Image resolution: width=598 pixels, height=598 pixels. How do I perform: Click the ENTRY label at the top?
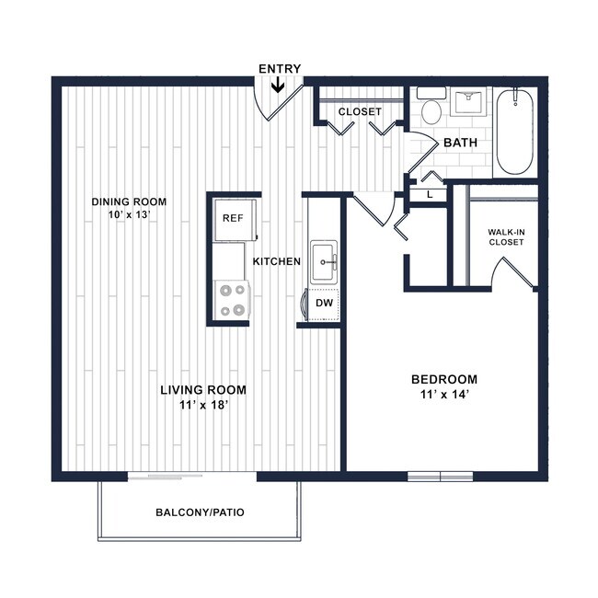tap(279, 69)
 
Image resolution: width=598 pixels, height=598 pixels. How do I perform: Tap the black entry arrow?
tap(277, 86)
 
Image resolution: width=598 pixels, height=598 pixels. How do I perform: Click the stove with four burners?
tap(231, 299)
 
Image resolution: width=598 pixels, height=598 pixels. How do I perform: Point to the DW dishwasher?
tap(324, 303)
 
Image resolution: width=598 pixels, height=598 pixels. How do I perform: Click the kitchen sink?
tap(324, 260)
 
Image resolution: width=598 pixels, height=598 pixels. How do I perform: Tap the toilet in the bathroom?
tap(431, 107)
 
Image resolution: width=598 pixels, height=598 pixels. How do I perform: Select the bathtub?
tap(514, 133)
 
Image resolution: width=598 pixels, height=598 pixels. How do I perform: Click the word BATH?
tap(459, 144)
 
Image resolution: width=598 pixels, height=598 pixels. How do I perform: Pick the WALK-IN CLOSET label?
tap(505, 236)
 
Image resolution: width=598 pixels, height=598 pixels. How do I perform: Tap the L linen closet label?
tap(429, 194)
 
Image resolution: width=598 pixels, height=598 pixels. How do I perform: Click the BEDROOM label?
tap(443, 379)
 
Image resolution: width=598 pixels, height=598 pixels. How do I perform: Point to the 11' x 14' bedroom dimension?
tap(443, 396)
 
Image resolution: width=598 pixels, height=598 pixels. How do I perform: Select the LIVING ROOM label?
tap(203, 389)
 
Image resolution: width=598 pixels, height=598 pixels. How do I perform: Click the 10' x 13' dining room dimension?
tap(128, 216)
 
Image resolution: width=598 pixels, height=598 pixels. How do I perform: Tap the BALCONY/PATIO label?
tap(200, 512)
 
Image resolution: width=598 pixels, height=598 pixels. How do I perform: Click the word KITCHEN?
tap(277, 261)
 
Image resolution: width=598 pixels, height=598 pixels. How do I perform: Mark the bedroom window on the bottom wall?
tap(440, 477)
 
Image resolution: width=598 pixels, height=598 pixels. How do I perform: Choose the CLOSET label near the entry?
tap(359, 111)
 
